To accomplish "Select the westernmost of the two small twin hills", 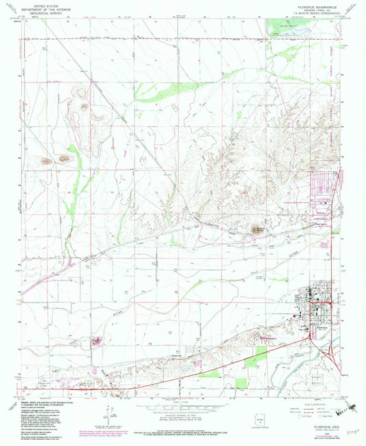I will click(x=46, y=162).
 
